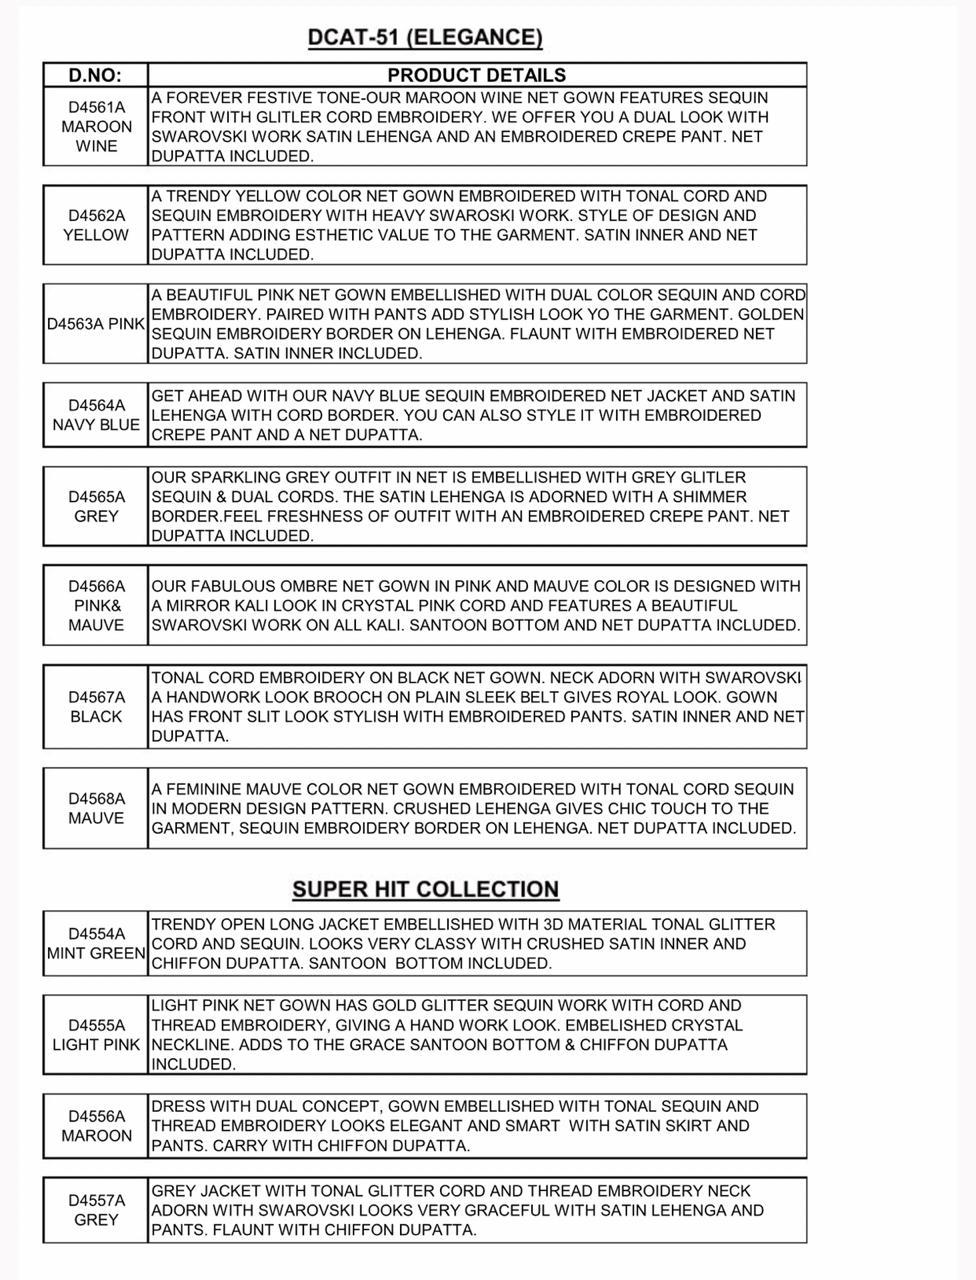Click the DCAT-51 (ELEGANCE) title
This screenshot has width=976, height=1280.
425,38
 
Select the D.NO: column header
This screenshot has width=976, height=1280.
95,75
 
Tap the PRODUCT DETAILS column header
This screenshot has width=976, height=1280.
476,75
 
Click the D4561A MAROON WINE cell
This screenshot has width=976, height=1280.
96,127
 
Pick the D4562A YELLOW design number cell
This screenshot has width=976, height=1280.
96,225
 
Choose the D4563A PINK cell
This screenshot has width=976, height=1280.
96,325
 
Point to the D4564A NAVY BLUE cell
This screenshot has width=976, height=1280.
96,415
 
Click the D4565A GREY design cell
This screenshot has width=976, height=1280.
96,507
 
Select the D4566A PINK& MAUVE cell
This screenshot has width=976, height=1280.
96,605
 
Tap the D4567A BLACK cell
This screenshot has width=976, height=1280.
96,707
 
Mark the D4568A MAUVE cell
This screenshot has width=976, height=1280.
96,808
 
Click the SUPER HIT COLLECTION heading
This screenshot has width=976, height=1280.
425,889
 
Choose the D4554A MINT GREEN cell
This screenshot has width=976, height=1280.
96,944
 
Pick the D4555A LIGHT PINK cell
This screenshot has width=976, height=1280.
96,1035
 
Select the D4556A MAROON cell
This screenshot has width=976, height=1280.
96,1126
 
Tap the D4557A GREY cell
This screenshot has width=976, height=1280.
96,1210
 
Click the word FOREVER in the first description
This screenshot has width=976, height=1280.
203,98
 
